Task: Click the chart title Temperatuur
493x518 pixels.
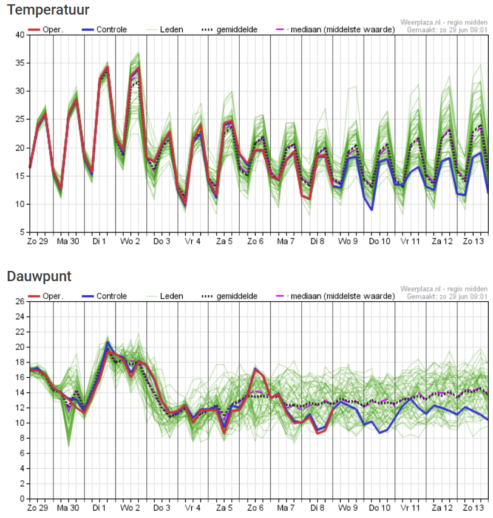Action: [x=49, y=10]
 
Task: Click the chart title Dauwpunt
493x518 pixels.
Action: [x=39, y=276]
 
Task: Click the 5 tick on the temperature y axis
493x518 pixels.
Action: [x=21, y=232]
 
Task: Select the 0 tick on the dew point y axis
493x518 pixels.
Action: [x=21, y=499]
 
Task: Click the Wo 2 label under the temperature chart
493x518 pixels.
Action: [x=130, y=242]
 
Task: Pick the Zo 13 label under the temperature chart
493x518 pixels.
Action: [x=472, y=242]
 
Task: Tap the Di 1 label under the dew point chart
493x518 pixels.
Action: [x=99, y=508]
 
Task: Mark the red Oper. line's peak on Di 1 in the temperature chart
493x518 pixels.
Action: [x=107, y=67]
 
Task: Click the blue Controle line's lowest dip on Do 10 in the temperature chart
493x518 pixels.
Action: [x=372, y=210]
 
